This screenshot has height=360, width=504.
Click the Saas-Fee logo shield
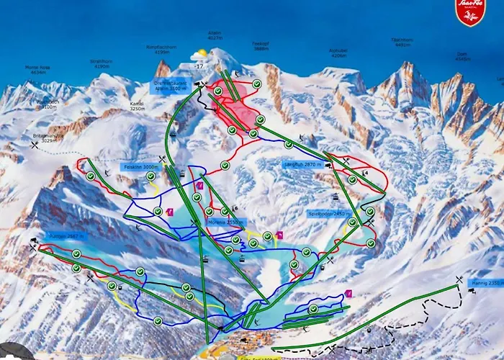pyautogui.click(x=471, y=12)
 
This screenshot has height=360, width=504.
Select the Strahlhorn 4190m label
pyautogui.click(x=100, y=64)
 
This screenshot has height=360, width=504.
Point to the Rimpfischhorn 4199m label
pyautogui.click(x=157, y=50)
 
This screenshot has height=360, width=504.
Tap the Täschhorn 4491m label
pyautogui.click(x=402, y=42)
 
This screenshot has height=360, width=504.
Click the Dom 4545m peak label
pyautogui.click(x=462, y=57)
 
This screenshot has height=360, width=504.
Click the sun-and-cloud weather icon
pyautogui.click(x=199, y=55)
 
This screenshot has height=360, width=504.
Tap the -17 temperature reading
pyautogui.click(x=199, y=66)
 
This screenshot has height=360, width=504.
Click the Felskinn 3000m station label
pyautogui.click(x=140, y=167)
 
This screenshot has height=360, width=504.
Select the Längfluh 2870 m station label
pyautogui.click(x=301, y=165)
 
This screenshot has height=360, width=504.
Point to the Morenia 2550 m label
pyautogui.click(x=224, y=222)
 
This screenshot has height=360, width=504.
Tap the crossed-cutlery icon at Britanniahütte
pyautogui.click(x=34, y=145)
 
